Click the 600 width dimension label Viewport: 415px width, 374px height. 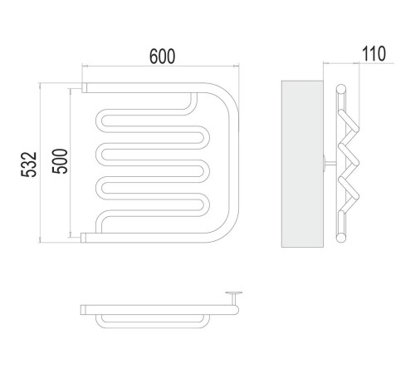(162, 57)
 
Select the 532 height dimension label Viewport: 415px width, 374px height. (29, 165)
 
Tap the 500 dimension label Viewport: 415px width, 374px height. (60, 161)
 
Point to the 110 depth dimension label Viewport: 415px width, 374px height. (373, 54)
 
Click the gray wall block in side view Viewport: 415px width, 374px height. (302, 164)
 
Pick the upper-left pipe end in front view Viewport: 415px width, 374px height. (84, 87)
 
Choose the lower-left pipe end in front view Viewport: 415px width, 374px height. (83, 238)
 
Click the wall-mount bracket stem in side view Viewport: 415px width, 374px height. (331, 164)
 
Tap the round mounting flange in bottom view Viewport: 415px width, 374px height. (234, 293)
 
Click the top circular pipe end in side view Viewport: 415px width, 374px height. (341, 89)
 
